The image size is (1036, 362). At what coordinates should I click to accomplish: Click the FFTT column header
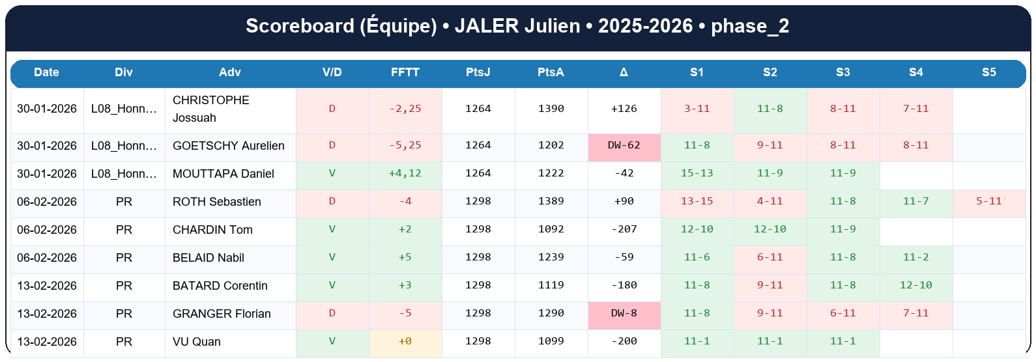(x=405, y=72)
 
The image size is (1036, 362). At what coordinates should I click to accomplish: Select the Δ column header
(x=624, y=72)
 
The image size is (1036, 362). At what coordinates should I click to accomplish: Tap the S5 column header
(x=988, y=72)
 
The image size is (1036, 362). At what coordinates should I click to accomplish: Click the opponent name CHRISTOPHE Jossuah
(x=210, y=109)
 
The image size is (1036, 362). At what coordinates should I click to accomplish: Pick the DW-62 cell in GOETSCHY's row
(x=624, y=146)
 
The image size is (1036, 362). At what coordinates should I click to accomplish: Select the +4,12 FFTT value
(x=405, y=174)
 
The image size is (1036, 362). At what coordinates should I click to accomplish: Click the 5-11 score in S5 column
(x=988, y=202)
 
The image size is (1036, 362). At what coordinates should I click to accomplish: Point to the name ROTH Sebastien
(x=216, y=202)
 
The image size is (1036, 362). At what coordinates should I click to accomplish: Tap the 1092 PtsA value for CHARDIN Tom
(x=551, y=230)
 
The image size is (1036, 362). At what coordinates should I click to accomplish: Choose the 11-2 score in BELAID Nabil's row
(x=915, y=258)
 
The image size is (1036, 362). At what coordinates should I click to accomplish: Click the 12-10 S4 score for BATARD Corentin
(x=915, y=286)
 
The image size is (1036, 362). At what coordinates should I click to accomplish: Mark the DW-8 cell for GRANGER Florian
(x=624, y=314)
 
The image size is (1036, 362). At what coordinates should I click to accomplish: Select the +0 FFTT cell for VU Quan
(x=405, y=342)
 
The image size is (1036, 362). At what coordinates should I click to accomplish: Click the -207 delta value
(x=624, y=230)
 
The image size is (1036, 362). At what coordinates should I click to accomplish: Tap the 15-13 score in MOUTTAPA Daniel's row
(x=697, y=174)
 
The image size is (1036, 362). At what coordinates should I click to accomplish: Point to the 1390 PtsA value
(x=551, y=109)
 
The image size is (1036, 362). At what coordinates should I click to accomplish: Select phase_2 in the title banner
(x=749, y=26)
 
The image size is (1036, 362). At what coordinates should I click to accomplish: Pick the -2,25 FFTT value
(x=405, y=109)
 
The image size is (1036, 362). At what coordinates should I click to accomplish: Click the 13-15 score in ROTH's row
(x=697, y=202)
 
